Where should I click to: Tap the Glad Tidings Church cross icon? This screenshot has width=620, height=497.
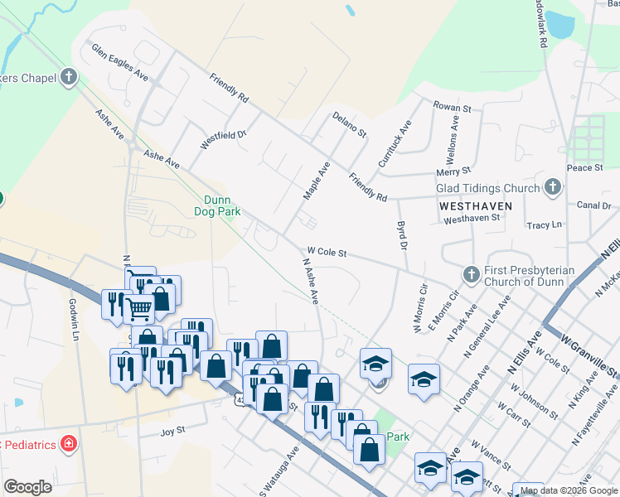(553, 189)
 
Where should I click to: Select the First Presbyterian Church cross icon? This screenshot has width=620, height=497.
(471, 274)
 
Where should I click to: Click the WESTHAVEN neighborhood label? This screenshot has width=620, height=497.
(476, 205)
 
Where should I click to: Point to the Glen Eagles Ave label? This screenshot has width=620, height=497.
(119, 63)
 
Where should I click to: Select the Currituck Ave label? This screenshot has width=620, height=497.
(395, 144)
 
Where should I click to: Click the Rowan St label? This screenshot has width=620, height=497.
(453, 108)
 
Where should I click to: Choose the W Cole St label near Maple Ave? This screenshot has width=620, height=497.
(327, 250)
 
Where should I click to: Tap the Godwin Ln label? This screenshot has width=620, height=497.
(73, 320)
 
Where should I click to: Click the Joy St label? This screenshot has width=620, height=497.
(172, 432)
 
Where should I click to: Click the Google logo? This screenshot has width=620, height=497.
(27, 486)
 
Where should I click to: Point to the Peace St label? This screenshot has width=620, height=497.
(584, 167)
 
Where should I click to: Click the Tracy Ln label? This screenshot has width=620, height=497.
(544, 224)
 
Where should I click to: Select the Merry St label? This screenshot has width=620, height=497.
(453, 172)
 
